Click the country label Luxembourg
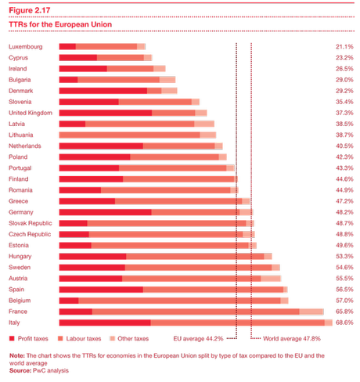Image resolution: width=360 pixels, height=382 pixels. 25,47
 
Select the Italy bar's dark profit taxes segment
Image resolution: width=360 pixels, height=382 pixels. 104,323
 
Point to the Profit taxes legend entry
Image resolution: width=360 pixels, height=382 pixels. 30,338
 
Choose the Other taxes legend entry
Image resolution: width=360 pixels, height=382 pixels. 130,338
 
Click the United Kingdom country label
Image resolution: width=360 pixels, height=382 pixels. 30,113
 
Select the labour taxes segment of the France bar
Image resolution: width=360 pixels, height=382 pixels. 196,312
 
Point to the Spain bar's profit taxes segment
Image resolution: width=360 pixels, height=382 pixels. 100,290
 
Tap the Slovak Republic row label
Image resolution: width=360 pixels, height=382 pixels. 30,223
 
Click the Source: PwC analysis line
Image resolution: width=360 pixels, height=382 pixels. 34,369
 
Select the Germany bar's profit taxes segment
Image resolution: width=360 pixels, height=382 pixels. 104,212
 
